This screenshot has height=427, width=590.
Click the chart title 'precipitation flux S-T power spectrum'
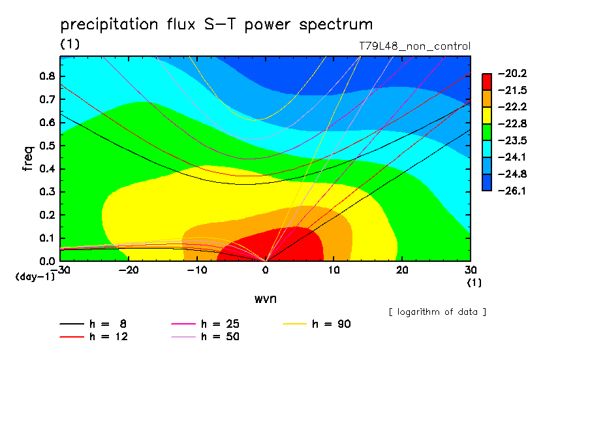click(x=217, y=25)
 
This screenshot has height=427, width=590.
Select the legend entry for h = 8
click(x=93, y=324)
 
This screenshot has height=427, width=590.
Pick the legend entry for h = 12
click(x=94, y=337)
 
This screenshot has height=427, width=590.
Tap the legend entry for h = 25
click(x=205, y=324)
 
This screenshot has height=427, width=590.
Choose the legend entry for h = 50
click(x=205, y=337)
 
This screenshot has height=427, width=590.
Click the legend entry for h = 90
click(x=317, y=324)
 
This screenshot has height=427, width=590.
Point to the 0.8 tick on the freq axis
click(x=47, y=76)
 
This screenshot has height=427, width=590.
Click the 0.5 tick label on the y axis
click(x=47, y=146)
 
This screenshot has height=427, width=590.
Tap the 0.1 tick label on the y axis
click(x=47, y=238)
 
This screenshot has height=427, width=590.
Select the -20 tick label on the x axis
click(x=129, y=270)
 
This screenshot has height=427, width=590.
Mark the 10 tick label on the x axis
click(x=334, y=270)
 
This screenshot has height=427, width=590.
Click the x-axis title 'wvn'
click(x=266, y=299)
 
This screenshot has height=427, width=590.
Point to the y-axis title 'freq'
click(x=28, y=159)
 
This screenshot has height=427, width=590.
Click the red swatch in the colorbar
click(x=487, y=82)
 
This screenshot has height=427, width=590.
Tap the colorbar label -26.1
click(x=512, y=191)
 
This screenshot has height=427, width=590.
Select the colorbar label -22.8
click(x=512, y=124)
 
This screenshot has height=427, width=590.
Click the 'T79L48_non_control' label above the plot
click(x=414, y=46)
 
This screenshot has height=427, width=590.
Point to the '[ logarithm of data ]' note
click(x=437, y=312)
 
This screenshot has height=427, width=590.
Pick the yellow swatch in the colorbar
click(x=487, y=116)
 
